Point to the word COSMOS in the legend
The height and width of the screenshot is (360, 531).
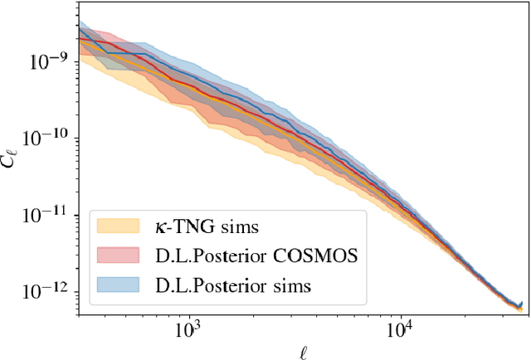coord(319,255)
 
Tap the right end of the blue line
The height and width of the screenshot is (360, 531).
coord(521,304)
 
